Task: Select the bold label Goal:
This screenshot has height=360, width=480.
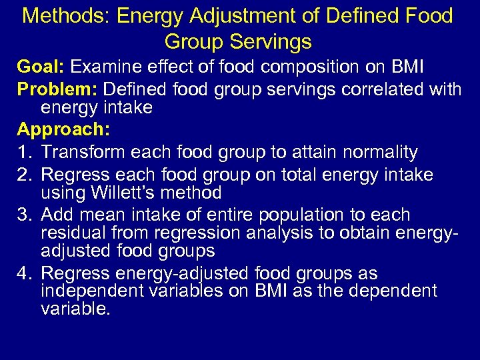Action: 41,67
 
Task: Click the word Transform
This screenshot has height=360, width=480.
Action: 83,152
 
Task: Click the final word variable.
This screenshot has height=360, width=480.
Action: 75,309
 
